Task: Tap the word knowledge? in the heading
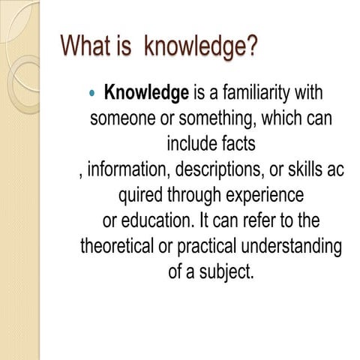point(201,47)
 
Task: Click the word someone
point(118,119)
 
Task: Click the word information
point(127,169)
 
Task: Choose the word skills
point(305,169)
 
